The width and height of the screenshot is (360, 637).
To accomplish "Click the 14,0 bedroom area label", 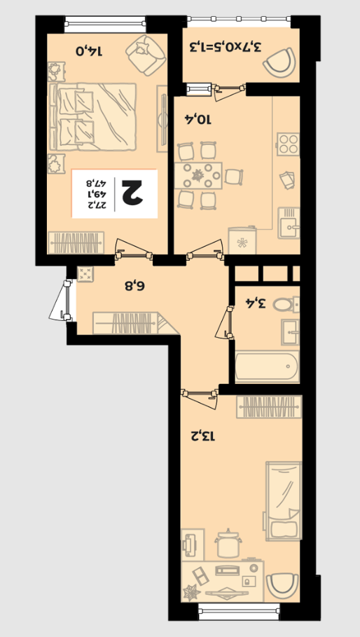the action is point(90,51).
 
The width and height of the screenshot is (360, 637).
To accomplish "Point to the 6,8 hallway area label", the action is point(134,286).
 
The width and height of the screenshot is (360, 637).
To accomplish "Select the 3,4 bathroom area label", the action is point(256,303).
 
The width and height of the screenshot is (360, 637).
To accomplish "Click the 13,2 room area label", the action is point(202,437).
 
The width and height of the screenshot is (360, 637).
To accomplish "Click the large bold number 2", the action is point(130,193).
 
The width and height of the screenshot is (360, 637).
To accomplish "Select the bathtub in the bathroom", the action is point(267,366).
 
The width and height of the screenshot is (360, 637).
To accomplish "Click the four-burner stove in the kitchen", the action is point(289,144).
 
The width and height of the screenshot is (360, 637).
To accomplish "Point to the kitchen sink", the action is point(289,223).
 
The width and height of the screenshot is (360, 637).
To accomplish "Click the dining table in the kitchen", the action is point(198,175).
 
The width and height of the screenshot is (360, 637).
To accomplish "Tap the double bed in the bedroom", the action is point(92,116).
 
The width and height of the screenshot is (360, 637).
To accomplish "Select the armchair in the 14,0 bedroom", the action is point(146,55).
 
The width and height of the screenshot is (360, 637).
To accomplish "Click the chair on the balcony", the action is point(279,62).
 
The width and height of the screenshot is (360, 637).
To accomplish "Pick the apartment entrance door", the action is point(60,301).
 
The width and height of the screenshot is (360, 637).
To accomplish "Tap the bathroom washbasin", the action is point(290,332).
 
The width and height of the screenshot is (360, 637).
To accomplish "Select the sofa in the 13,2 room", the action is point(284,501).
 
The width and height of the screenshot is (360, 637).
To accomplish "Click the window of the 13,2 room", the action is point(239,611).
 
